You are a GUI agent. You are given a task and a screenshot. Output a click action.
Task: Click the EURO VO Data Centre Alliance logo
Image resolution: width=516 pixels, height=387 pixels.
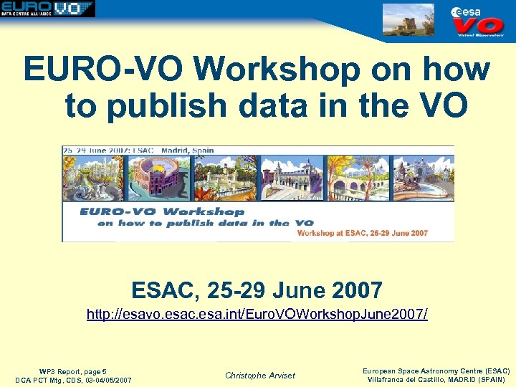[48, 9]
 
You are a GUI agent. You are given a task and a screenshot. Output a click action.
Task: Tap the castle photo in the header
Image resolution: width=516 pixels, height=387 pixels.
[408, 19]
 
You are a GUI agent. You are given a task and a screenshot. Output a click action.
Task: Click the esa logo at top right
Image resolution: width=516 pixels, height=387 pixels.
[467, 11]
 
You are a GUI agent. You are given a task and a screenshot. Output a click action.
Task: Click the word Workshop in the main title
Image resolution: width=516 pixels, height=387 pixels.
[275, 70]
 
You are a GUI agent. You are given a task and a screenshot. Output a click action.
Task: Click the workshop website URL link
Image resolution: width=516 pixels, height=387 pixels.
[257, 314]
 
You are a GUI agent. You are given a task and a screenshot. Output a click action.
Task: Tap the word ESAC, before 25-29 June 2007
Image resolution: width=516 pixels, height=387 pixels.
[165, 290]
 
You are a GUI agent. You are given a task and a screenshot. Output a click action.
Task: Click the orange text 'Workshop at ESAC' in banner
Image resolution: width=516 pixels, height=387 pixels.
[362, 233]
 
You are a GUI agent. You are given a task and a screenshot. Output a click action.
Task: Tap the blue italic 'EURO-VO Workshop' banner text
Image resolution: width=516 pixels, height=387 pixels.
[162, 211]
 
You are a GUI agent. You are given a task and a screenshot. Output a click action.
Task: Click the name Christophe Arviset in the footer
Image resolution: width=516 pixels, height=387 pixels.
[259, 375]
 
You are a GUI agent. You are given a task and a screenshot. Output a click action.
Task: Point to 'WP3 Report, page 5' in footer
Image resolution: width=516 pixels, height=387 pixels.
[73, 371]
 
